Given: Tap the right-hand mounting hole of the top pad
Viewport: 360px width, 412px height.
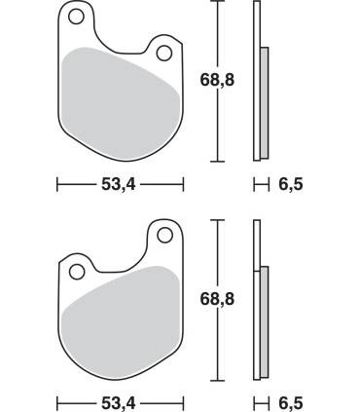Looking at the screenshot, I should click(x=163, y=52).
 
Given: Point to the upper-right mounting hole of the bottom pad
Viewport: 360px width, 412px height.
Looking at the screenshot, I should click(x=162, y=234).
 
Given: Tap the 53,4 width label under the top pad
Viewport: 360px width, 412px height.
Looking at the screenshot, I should click(x=119, y=182).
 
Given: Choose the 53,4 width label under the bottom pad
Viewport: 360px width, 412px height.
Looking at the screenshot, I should click(x=119, y=401).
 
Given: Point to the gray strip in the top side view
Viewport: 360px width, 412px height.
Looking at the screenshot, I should click(x=264, y=102).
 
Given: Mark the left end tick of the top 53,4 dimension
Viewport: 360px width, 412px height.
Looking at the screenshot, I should click(x=57, y=182).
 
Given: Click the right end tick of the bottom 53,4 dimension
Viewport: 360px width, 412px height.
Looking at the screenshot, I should click(x=183, y=401).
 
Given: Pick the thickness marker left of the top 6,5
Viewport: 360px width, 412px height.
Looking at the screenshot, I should click(x=260, y=182).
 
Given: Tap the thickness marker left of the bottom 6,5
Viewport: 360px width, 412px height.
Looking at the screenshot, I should click(x=260, y=401).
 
